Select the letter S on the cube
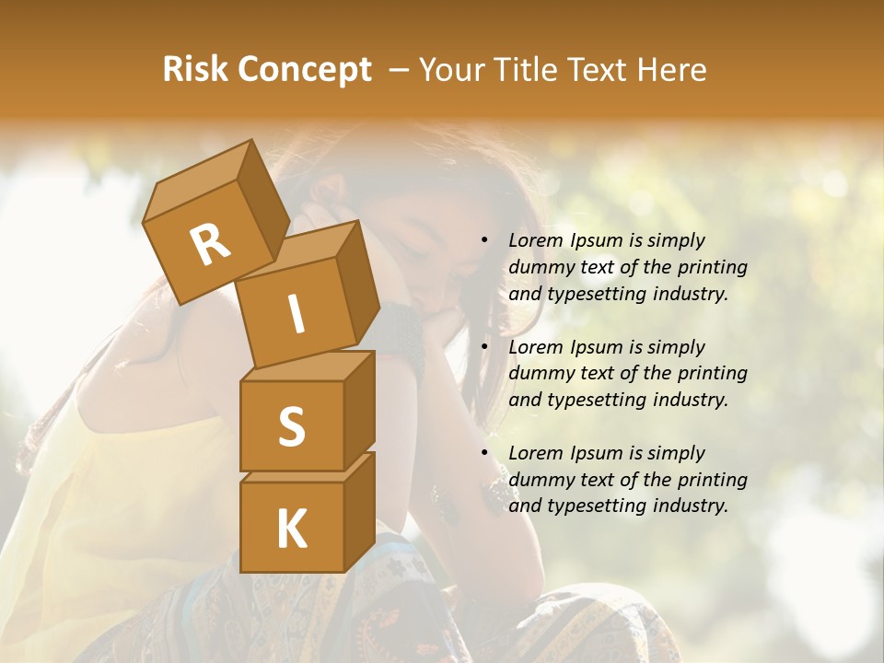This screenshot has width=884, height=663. [291, 426]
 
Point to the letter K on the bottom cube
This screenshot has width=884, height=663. [291, 529]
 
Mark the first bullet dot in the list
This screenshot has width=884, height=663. [484, 240]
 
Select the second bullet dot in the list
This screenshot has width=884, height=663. [484, 347]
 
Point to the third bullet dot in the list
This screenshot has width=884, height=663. [484, 453]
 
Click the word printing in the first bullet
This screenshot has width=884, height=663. [713, 267]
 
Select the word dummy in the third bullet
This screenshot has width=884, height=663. [538, 480]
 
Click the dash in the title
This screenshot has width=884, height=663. [401, 70]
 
